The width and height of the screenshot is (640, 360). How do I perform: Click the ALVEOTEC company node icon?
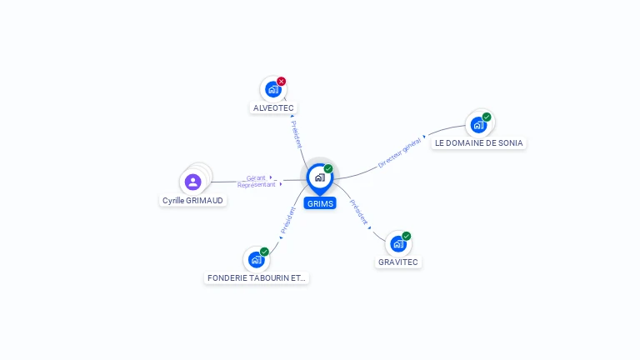pos(273,89)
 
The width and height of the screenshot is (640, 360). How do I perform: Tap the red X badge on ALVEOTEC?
pos(281,81)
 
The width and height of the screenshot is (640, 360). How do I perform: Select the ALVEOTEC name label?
pos(273,108)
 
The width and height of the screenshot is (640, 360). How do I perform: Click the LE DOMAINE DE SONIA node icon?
pos(479,125)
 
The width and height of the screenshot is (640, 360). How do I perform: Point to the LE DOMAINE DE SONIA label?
pos(479,143)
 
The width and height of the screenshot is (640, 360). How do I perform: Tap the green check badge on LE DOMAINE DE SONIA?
pos(487,117)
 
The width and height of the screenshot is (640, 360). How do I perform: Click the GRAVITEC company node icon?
pos(398,244)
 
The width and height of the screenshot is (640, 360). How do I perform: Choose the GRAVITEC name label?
pos(398,262)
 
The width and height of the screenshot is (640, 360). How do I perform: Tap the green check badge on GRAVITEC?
pos(406,236)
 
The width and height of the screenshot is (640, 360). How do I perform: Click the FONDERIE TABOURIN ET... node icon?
pos(257,260)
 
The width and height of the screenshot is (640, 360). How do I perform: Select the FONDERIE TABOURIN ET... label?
pos(257,278)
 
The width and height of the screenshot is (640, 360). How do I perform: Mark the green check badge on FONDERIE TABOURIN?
pos(264,252)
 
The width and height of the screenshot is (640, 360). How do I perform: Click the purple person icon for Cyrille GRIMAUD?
pos(192,182)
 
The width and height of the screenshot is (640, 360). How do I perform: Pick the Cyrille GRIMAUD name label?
pos(192,200)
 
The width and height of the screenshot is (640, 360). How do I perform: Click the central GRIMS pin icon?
pos(320,179)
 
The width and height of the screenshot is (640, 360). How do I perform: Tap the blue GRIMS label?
pos(320,203)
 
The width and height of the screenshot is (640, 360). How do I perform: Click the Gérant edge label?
pos(256,178)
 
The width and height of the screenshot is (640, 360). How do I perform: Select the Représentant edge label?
pos(257,185)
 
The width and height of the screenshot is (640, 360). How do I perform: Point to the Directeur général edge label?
pos(399,153)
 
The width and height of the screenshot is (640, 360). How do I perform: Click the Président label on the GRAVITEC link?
pos(358,212)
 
